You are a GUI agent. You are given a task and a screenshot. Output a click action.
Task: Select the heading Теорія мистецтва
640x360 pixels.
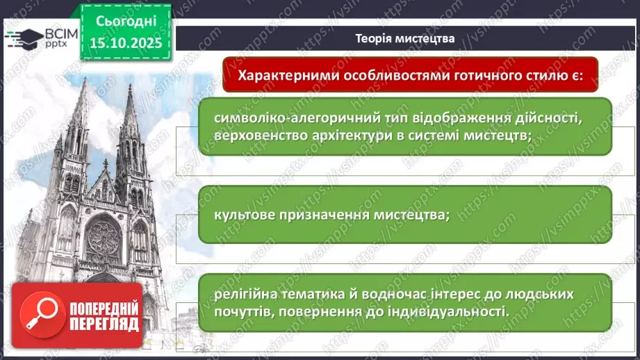pos(404,39)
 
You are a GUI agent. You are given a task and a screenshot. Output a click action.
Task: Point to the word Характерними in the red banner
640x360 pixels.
pos(286,75)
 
